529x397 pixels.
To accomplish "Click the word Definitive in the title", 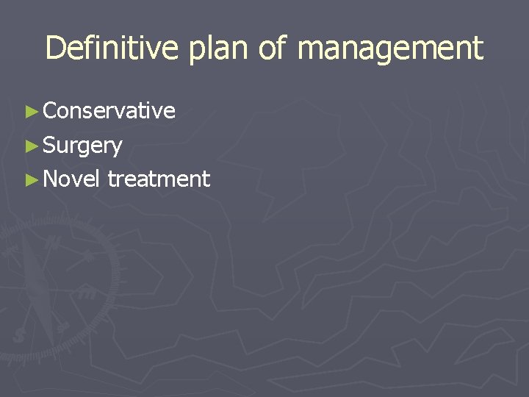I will pos(111,49).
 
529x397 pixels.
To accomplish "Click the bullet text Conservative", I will pos(109,110).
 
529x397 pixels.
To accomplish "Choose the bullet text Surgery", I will pos(82,146).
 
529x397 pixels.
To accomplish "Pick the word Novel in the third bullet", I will pos(71,179).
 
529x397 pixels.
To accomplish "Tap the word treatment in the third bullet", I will pos(159,179).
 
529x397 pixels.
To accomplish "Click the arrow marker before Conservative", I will pos(31,111).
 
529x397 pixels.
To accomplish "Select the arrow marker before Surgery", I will pos(31,146).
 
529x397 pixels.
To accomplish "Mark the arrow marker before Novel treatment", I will pos(31,179).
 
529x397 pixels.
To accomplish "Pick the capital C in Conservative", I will pos(51,110).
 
